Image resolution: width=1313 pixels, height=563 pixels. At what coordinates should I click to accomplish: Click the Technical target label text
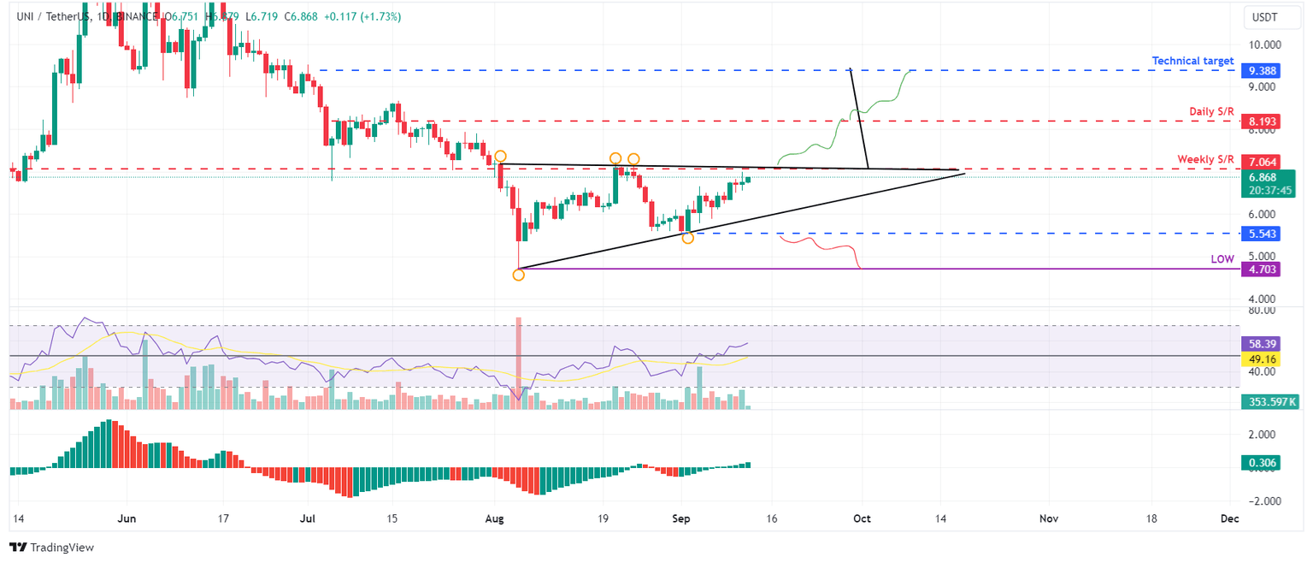click(1192, 61)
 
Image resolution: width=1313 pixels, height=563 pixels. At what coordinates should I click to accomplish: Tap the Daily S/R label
click(1211, 112)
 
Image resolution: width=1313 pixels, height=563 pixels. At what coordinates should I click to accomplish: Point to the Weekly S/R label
click(1205, 159)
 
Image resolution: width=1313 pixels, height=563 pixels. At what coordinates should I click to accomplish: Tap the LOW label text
click(1222, 258)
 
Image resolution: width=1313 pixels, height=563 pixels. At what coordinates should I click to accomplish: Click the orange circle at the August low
click(518, 275)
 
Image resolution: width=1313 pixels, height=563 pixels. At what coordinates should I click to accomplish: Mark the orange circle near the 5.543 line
click(687, 237)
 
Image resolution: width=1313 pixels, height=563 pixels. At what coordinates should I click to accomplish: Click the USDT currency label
click(1264, 16)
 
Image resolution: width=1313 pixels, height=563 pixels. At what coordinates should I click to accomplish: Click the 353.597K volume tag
click(1269, 400)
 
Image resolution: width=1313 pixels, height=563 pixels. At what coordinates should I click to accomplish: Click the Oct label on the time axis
click(862, 519)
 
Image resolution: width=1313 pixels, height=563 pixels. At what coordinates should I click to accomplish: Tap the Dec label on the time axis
click(1229, 519)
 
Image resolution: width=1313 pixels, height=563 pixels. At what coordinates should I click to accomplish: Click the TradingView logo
click(51, 547)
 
